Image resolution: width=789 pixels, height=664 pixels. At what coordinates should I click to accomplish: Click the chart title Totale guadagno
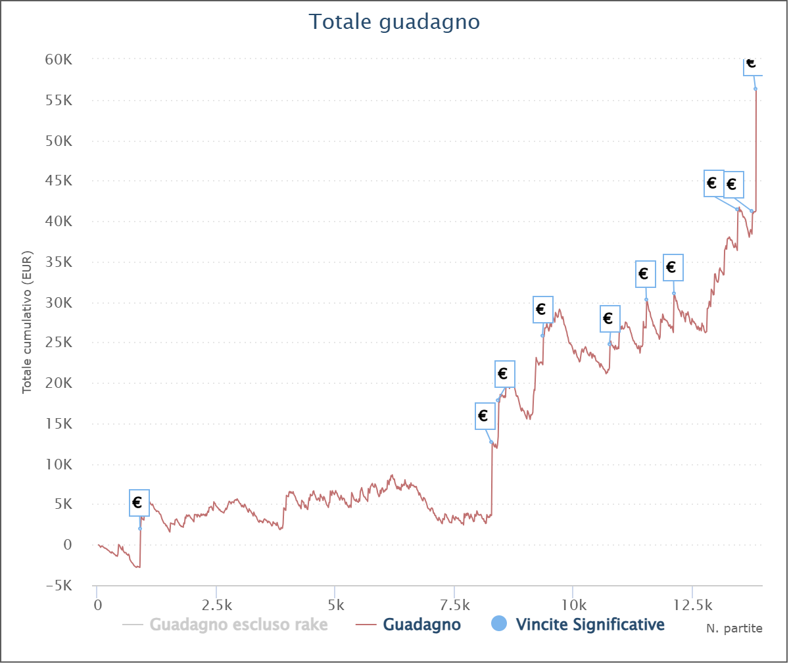(394, 22)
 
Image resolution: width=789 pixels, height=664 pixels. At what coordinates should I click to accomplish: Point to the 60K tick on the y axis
(59, 60)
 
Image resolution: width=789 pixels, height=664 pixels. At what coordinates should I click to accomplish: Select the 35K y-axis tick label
(59, 262)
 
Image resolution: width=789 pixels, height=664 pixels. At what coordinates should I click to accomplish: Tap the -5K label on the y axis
(59, 585)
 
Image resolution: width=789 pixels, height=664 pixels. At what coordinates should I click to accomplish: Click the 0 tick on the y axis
(68, 545)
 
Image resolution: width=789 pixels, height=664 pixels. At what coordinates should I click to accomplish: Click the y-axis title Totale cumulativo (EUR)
(27, 322)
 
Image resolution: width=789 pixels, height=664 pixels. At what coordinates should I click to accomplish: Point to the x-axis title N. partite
(734, 628)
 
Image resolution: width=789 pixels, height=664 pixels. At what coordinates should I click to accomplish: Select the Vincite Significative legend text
(590, 625)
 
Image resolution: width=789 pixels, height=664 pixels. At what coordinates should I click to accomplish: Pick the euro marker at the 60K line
(752, 65)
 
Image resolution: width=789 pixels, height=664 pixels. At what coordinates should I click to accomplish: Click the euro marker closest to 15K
(484, 416)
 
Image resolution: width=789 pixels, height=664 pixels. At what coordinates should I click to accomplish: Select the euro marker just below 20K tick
(504, 374)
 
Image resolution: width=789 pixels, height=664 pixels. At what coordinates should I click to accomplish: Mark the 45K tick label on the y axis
(59, 181)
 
